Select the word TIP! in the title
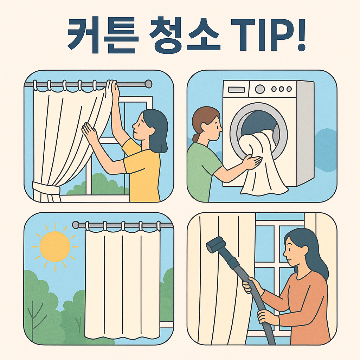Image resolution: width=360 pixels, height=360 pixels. click(x=267, y=36)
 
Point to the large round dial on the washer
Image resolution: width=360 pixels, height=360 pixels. click(x=260, y=89)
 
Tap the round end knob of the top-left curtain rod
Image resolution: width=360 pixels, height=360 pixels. click(x=148, y=84)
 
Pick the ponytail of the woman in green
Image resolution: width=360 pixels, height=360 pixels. click(x=196, y=137)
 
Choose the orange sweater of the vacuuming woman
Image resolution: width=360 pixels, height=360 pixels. click(x=306, y=302)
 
